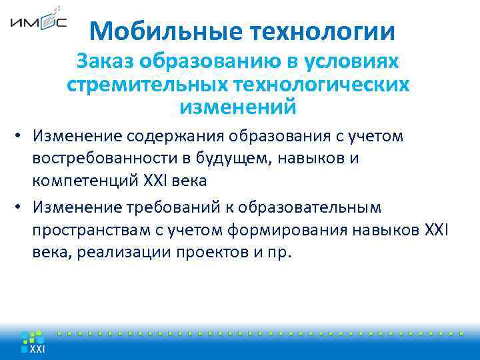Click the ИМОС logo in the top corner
click(x=38, y=23)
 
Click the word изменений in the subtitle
click(x=237, y=107)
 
